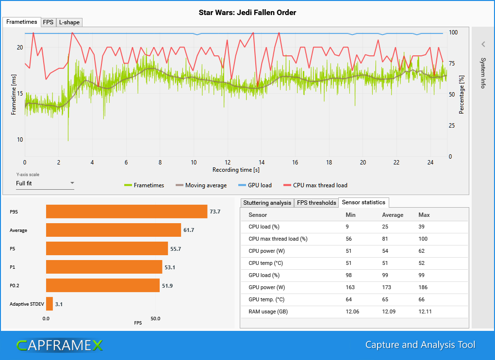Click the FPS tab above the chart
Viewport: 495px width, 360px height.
pos(48,22)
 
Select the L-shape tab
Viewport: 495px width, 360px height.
pos(69,22)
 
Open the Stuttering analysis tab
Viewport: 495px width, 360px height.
pos(267,203)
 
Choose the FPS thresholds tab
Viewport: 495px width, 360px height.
pos(316,203)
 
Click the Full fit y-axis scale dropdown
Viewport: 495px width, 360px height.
pos(45,183)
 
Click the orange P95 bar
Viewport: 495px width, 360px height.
pos(127,212)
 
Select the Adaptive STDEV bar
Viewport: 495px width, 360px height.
pos(49,304)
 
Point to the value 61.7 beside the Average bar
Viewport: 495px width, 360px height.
pos(189,230)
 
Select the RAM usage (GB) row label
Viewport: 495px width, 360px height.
pos(268,312)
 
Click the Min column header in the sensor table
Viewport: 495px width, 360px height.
pos(350,215)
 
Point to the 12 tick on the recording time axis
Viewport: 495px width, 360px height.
pos(228,162)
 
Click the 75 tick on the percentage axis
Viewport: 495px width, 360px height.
pos(452,64)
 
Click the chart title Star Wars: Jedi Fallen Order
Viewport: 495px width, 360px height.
pos(247,13)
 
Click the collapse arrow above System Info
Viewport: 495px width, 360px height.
pos(483,44)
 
